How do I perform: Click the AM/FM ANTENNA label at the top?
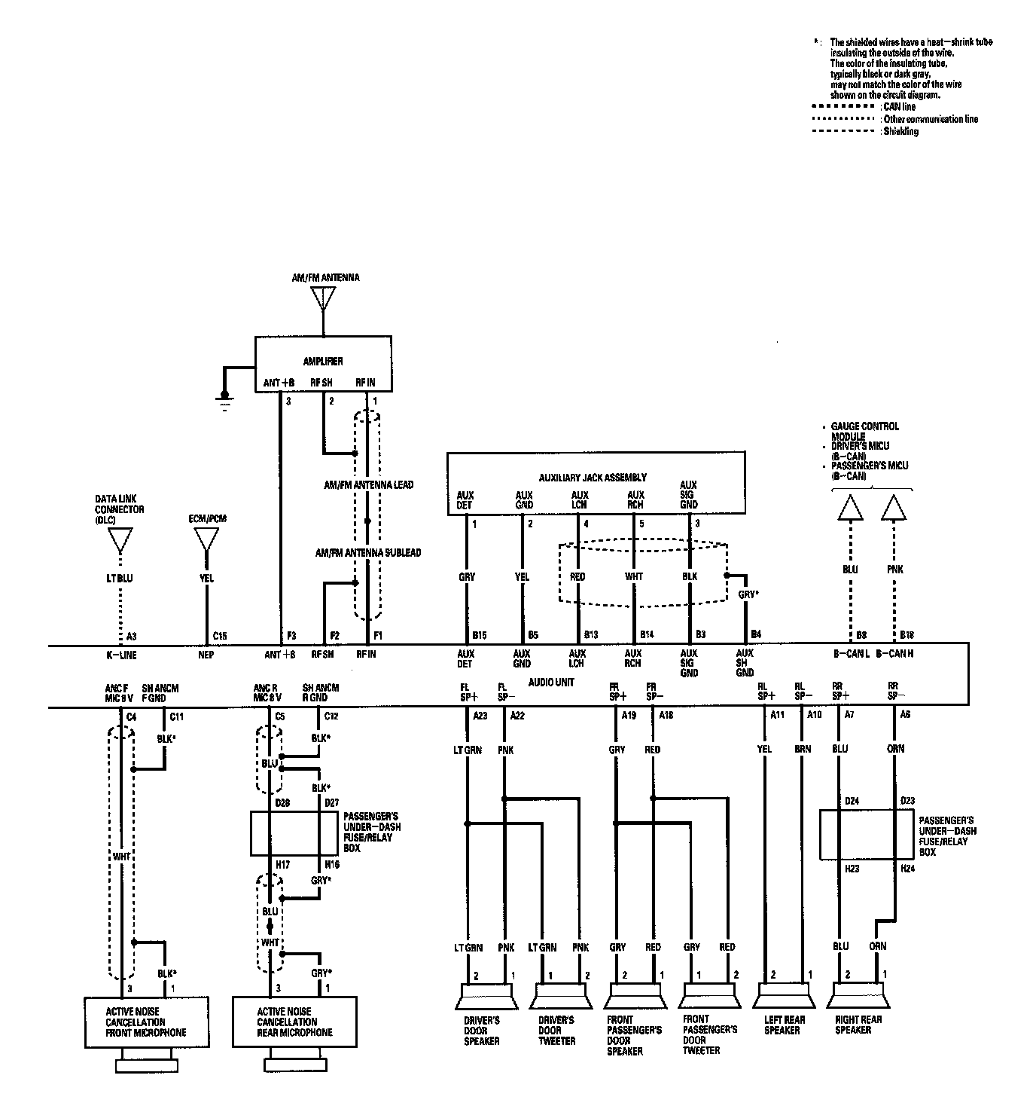coord(325,278)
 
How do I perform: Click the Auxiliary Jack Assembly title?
coord(593,478)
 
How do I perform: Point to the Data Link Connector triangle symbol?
coord(120,540)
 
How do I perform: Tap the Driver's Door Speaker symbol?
coord(486,997)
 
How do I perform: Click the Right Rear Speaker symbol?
coord(858,997)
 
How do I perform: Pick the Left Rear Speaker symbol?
coord(783,997)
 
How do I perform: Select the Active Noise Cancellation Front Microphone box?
coord(146,1022)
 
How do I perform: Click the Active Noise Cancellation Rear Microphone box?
coord(294,1022)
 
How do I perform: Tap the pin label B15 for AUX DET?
coord(479,635)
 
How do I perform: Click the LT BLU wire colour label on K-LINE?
coord(120,579)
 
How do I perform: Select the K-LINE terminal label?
coord(122,655)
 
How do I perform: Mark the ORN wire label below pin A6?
coord(896,749)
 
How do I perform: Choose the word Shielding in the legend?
coord(901,131)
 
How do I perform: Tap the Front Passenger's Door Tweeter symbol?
coord(709,997)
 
